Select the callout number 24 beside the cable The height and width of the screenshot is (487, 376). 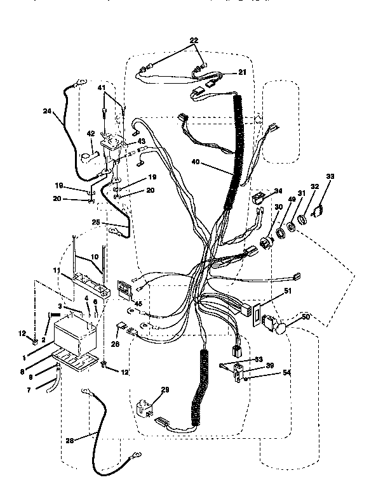[x=47, y=112]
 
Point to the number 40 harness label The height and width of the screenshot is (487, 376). [x=196, y=162]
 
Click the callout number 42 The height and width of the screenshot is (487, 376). [x=90, y=134]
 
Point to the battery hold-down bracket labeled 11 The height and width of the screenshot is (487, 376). [x=89, y=279]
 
